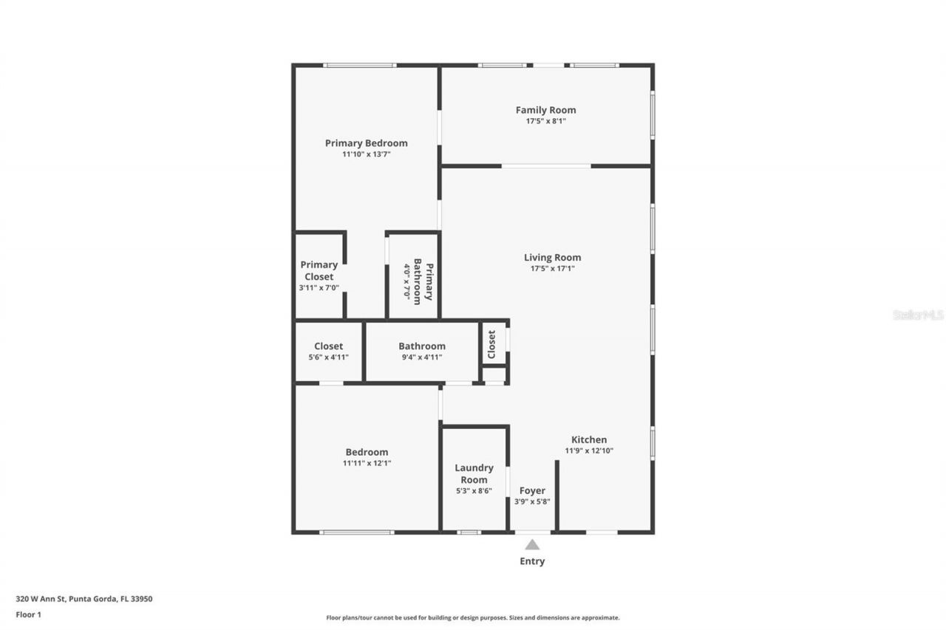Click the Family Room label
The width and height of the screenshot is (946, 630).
pyautogui.click(x=545, y=110)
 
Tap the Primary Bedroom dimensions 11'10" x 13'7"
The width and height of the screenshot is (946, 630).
pyautogui.click(x=366, y=154)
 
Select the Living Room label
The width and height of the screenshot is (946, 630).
pyautogui.click(x=552, y=257)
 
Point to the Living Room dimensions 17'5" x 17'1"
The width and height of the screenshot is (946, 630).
pyautogui.click(x=552, y=269)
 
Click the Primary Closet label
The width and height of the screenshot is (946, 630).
pyautogui.click(x=319, y=270)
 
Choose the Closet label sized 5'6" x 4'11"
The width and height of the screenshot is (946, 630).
pyautogui.click(x=328, y=346)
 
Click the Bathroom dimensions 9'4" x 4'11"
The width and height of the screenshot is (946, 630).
pyautogui.click(x=422, y=357)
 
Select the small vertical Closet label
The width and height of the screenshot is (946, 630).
pyautogui.click(x=491, y=344)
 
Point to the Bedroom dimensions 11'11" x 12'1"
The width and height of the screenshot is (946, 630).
pyautogui.click(x=367, y=464)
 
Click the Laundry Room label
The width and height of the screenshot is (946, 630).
pyautogui.click(x=474, y=473)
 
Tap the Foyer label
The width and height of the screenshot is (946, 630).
pyautogui.click(x=532, y=490)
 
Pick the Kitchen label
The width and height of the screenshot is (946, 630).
pyautogui.click(x=589, y=439)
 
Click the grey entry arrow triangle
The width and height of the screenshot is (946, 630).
pyautogui.click(x=532, y=545)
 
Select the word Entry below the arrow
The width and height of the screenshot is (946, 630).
pyautogui.click(x=532, y=561)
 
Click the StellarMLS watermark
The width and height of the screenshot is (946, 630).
pyautogui.click(x=918, y=315)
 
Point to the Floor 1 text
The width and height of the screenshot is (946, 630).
pyautogui.click(x=29, y=614)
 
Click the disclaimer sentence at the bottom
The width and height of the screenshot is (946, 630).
pyautogui.click(x=473, y=617)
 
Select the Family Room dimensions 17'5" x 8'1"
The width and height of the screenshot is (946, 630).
pyautogui.click(x=545, y=121)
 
